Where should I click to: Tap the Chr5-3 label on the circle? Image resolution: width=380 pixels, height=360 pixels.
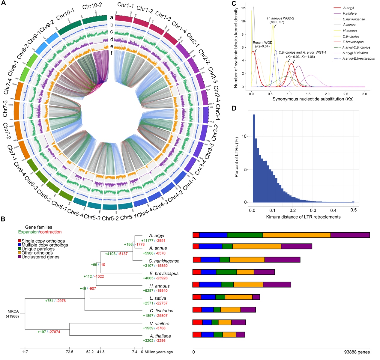[92, 217]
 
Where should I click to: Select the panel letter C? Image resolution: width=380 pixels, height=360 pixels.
[234, 4]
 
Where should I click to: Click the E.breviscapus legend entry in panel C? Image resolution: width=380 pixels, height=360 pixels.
[353, 42]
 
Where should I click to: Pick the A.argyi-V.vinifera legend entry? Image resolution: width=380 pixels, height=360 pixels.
[355, 53]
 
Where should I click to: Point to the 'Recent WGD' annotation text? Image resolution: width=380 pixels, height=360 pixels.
[262, 43]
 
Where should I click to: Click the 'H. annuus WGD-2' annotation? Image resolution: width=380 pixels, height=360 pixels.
[280, 18]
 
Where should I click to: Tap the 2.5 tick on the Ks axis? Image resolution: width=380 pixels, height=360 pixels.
[346, 94]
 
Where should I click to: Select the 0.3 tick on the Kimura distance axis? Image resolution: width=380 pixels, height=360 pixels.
[313, 210]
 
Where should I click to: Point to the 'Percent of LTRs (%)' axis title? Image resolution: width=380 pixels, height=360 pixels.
[237, 157]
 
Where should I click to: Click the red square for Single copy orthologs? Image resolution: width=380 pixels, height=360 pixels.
[19, 241]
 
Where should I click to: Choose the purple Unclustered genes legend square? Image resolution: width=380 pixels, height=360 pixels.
[19, 257]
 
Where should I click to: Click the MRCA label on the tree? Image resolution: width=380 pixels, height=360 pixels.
[13, 311]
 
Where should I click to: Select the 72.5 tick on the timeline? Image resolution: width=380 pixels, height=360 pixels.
[70, 352]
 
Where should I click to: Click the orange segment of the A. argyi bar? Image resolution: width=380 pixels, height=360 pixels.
[296, 235]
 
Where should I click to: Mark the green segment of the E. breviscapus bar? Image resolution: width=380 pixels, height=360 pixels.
[226, 272]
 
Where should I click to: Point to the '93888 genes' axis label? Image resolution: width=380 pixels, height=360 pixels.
[357, 352]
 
